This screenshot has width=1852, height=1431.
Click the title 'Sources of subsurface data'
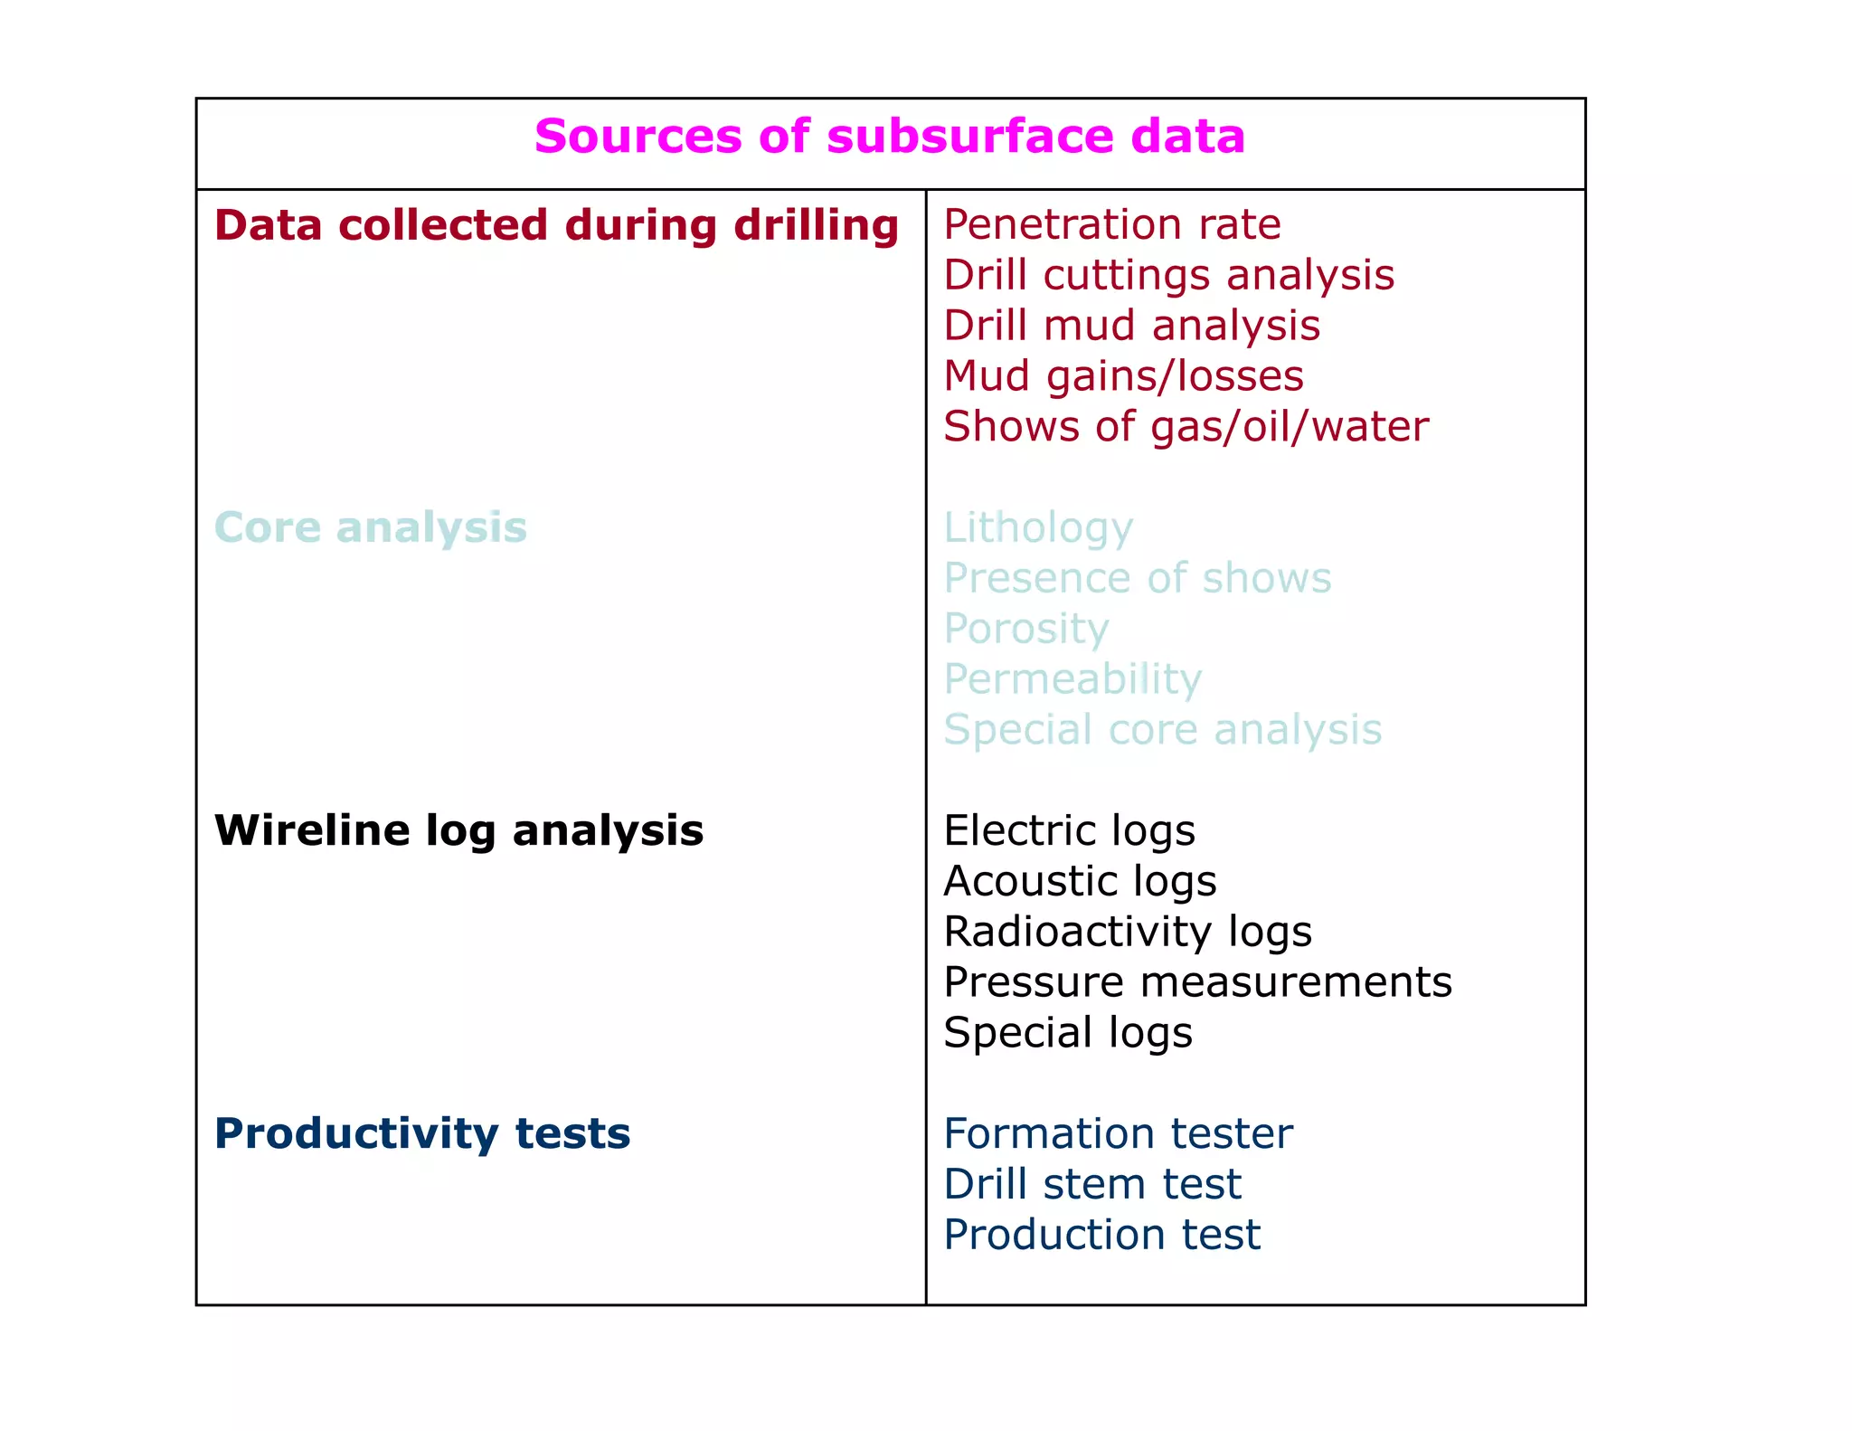[890, 137]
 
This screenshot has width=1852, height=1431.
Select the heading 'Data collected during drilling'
[556, 225]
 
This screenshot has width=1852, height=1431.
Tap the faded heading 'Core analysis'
[371, 527]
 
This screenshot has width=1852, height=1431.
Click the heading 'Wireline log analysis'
[458, 830]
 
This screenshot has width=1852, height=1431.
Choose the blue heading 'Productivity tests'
[422, 1133]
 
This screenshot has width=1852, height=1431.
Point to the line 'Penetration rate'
[1111, 224]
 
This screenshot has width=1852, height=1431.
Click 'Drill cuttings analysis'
[1168, 275]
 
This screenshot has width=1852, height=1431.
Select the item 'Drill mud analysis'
[1131, 326]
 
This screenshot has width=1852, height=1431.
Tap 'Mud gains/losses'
[1123, 376]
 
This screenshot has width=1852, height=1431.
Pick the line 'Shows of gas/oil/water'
[1186, 427]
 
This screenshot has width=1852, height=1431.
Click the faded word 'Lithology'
[1037, 528]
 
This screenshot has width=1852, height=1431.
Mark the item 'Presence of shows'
[1137, 578]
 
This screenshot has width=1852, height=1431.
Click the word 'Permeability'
[1072, 679]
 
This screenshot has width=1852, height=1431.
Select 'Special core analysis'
[1162, 730]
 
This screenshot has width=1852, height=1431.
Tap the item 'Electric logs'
[1069, 830]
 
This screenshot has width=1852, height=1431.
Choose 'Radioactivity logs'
[1127, 932]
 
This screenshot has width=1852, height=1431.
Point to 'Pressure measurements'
[1197, 982]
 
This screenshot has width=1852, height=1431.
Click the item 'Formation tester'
[1118, 1133]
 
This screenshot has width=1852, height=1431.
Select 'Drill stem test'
[1092, 1184]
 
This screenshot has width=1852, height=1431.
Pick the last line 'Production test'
[1101, 1235]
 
